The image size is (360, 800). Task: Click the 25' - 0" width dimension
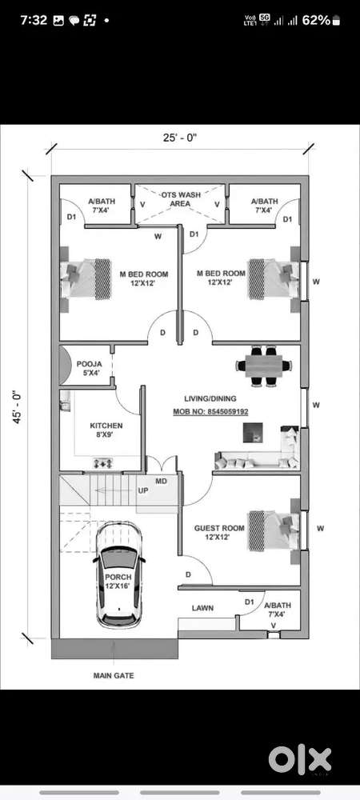point(180,138)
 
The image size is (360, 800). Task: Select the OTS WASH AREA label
point(180,199)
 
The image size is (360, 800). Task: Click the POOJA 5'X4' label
point(89,368)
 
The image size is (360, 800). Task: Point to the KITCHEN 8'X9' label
point(106,430)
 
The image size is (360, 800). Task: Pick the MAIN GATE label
point(114,675)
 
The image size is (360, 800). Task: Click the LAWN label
point(202,608)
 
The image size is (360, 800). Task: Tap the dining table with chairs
point(264,366)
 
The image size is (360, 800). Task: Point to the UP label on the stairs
point(143,490)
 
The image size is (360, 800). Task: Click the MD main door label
point(161,481)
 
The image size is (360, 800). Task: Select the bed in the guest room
point(274,531)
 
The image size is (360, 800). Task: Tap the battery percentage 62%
point(316,21)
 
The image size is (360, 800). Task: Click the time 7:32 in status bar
point(34,21)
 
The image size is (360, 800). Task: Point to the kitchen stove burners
point(103,463)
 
